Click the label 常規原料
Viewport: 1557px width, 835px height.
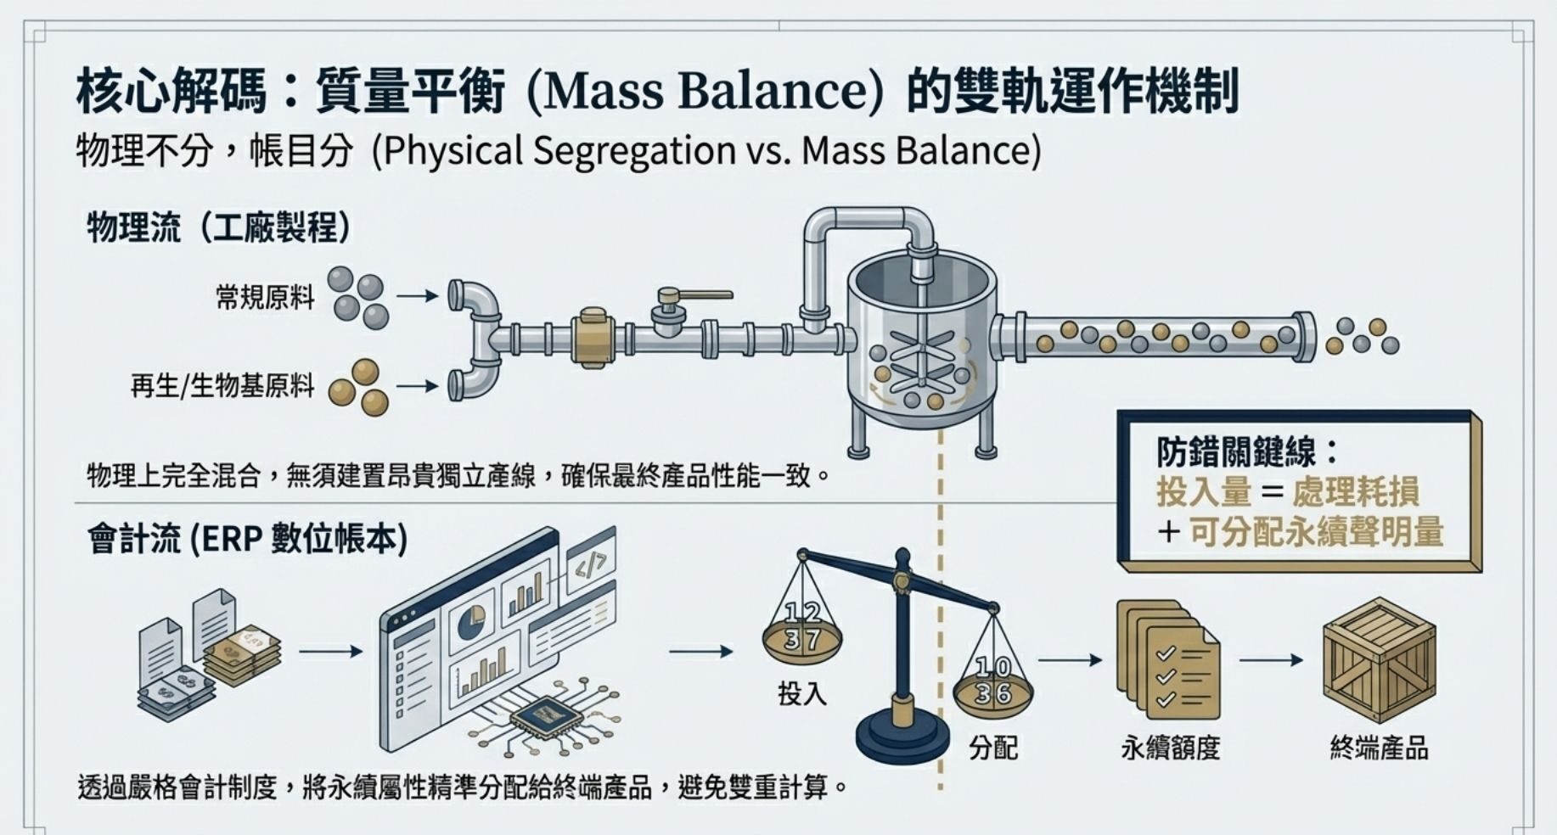click(x=265, y=298)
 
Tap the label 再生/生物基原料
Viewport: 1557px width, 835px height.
click(x=222, y=387)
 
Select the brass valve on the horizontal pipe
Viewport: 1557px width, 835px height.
click(x=593, y=339)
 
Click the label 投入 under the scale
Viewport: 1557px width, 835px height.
click(x=801, y=694)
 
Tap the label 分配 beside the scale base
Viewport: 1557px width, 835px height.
click(x=993, y=748)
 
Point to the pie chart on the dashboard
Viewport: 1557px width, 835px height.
click(x=471, y=624)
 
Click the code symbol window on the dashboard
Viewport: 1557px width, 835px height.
click(x=592, y=561)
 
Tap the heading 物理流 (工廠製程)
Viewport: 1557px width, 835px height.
click(x=219, y=227)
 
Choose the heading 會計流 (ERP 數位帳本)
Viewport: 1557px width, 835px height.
click(x=247, y=540)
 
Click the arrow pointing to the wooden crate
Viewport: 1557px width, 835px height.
click(x=1271, y=660)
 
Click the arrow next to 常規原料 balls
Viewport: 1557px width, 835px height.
click(x=417, y=296)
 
